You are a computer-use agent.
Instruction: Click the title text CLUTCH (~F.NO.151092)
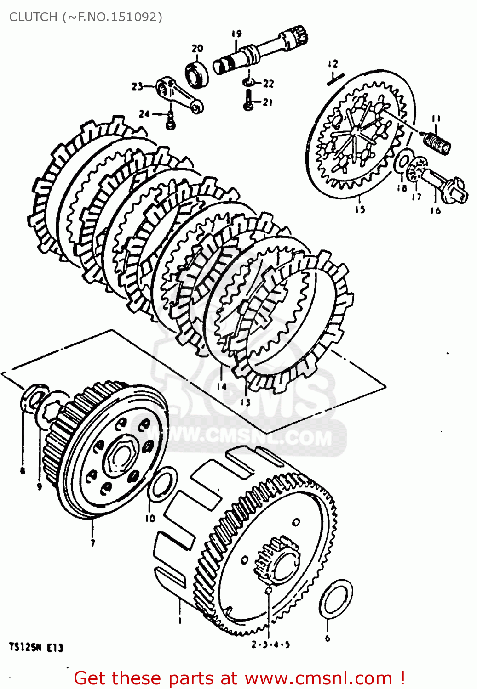86,17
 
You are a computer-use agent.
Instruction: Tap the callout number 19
236,34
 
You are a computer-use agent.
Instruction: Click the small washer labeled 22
249,82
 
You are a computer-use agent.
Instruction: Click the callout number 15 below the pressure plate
360,209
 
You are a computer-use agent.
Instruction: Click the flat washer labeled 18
403,163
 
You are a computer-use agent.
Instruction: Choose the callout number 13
246,402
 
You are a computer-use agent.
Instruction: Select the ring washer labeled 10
163,485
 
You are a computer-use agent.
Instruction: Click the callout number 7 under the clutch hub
93,543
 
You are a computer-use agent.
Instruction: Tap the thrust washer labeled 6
336,599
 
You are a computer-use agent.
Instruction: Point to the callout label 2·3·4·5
270,644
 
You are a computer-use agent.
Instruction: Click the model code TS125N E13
36,648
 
